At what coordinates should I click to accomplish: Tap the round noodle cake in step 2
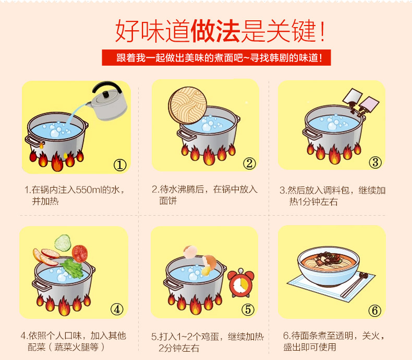pos(188,105)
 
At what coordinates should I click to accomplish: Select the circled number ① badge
pos(120,165)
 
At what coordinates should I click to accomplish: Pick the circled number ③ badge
pos(375,162)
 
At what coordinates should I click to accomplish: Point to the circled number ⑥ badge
pos(374,311)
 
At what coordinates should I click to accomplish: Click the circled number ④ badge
pos(117,309)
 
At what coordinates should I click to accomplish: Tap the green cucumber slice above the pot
pos(63,243)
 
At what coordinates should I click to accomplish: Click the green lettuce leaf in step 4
pos(72,268)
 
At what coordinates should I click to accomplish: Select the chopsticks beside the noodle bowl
pos(354,284)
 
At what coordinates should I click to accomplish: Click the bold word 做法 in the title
pos(215,31)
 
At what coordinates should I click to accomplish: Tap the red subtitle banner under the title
pos(216,57)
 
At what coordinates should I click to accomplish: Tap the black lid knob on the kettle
pos(106,94)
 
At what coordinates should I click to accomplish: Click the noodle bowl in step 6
pos(329,266)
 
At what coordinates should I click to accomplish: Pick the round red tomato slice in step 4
pos(80,254)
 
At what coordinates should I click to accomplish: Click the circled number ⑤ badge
pos(248,309)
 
